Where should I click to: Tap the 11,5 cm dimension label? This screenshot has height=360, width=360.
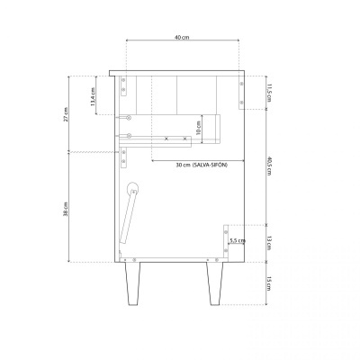268,91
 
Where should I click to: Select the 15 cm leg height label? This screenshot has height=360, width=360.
268,283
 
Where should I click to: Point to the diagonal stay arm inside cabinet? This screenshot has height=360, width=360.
129,220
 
